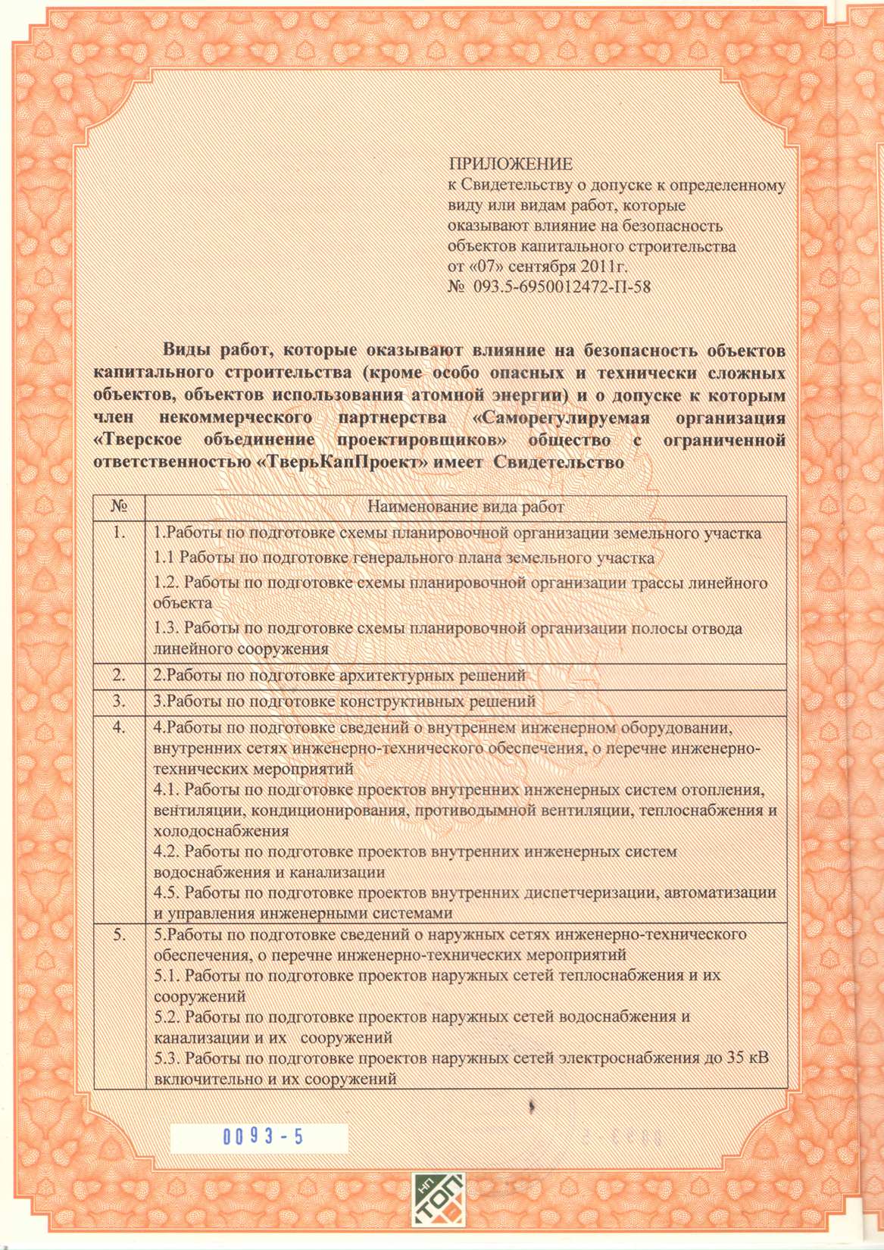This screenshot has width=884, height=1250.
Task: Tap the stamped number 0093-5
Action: [x=261, y=1137]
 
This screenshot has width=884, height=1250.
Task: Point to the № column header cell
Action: [x=118, y=506]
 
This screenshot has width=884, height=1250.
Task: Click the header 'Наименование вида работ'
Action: [x=465, y=506]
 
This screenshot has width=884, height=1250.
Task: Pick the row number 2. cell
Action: [x=118, y=674]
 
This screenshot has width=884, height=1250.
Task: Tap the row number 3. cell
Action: [x=118, y=702]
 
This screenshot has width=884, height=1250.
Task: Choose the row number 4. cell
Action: [x=118, y=727]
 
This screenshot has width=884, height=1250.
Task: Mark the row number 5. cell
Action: [x=118, y=935]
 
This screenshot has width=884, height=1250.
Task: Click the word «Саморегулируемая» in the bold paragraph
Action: [x=561, y=418]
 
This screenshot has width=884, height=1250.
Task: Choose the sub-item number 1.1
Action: [x=164, y=558]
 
